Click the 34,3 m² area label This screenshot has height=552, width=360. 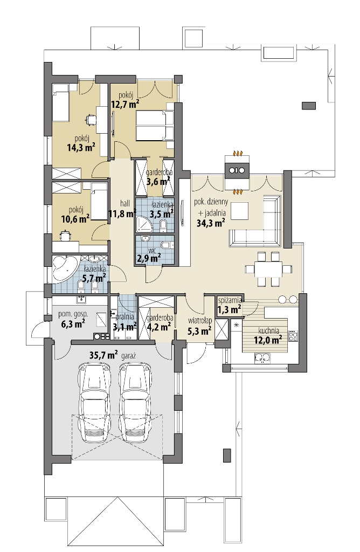211,223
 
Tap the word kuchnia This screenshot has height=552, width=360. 268,331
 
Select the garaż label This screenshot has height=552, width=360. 129,356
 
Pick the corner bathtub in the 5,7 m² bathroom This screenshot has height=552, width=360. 65,268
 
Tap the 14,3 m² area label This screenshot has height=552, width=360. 81,147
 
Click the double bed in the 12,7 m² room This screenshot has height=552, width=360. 155,126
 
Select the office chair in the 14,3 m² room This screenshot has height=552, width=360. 91,119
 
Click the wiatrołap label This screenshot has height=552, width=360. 200,321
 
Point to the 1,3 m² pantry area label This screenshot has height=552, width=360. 230,309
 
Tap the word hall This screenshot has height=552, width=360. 125,203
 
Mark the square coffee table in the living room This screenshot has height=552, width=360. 239,211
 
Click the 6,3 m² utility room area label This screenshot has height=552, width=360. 73,324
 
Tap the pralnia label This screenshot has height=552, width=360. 124,317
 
